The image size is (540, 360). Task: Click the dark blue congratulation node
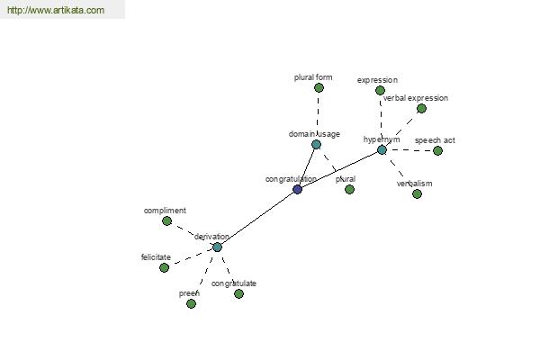click(298, 189)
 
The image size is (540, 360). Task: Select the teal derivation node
click(217, 247)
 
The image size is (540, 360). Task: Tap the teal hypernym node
click(382, 149)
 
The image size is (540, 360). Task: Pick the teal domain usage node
click(316, 144)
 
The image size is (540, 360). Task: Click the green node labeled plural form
click(319, 87)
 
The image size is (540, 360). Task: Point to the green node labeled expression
click(380, 90)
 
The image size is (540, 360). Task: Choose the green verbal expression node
click(421, 108)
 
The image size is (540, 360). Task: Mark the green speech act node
click(437, 150)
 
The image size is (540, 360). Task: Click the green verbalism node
click(417, 193)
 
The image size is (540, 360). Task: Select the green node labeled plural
click(349, 189)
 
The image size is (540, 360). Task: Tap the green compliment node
click(166, 220)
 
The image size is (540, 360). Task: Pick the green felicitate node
click(164, 267)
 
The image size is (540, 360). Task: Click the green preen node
click(191, 303)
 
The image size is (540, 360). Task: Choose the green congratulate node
click(238, 293)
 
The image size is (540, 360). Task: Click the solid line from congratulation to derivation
click(257, 218)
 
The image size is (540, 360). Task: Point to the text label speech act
click(435, 140)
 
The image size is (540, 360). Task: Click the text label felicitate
click(156, 257)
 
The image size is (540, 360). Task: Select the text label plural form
click(313, 77)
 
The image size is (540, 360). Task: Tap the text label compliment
click(165, 211)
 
